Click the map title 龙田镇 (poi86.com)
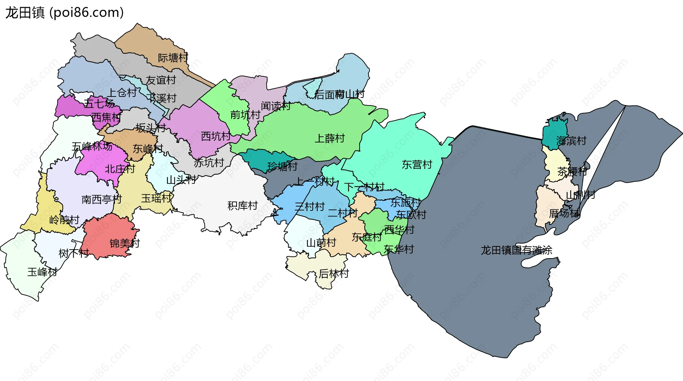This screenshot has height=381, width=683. pos(64,12)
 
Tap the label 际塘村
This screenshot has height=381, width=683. pos(173,58)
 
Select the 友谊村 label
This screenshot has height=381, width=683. pos(161,80)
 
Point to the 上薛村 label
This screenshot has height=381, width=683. pos(330,138)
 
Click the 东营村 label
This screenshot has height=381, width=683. pos(417,165)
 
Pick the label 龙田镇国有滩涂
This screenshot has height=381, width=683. pos(516,250)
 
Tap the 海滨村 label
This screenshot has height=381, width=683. pos(571,141)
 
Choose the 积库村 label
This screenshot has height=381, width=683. pos(243,205)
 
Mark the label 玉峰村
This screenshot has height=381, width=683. pos(42,272)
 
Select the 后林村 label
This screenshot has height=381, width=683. pos(334,274)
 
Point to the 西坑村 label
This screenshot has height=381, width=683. pos(216,136)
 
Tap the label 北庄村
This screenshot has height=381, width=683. pos(120,169)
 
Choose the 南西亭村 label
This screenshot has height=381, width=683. pos(102,199)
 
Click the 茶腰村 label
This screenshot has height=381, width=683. pos(572,172)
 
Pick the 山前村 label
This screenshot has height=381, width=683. pos(321,243)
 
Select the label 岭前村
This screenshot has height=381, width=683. pos(64,220)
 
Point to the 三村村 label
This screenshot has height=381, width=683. pos(310,207)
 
